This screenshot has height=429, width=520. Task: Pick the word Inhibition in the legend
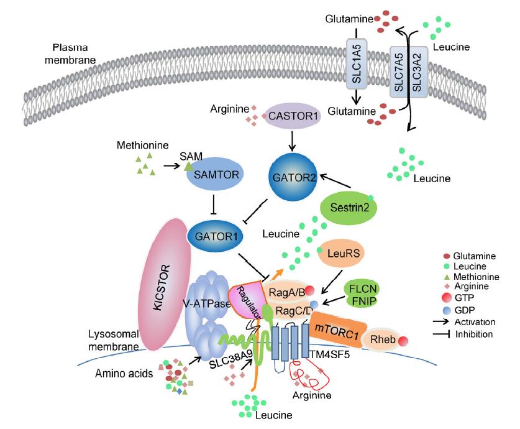point(475,334)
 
